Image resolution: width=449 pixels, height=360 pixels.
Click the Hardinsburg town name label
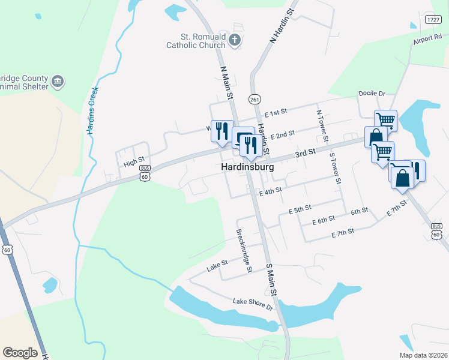[x=247, y=167]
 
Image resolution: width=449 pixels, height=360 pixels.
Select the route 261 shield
[x=255, y=99]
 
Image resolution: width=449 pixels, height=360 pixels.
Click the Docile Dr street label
[x=372, y=94]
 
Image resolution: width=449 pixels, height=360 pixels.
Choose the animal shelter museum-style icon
[x=58, y=82]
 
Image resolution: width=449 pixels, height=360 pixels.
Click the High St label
[x=134, y=160]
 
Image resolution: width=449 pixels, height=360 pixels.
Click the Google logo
[x=20, y=353]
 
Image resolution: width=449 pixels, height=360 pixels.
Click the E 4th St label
[x=270, y=191]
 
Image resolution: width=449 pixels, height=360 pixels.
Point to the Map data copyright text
[x=423, y=355]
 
